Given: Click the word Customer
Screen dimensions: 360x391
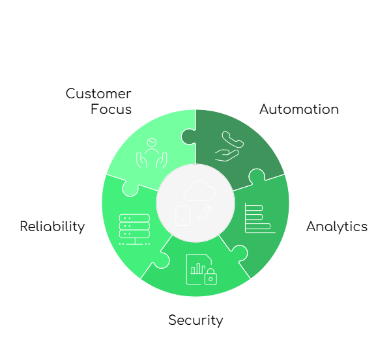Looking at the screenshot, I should point(98,94).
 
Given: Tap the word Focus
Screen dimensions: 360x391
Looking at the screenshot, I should point(111,109).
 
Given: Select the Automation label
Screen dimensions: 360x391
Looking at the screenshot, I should point(298,109).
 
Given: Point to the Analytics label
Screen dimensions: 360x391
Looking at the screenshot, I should point(336,227).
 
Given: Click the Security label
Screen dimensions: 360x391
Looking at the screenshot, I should point(195,320).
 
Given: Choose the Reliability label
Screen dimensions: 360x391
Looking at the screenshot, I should point(52,227).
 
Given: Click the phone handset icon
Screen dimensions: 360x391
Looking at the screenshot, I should point(231,140).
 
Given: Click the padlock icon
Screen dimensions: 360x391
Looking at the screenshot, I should point(210,277).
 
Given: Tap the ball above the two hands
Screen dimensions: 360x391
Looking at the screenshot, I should point(151,141).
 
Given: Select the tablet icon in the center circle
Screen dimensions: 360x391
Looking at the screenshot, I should point(182,215).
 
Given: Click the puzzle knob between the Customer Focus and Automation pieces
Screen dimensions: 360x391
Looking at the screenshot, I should point(188,137).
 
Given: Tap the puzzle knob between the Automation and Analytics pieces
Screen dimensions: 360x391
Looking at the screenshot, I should point(256,176).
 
